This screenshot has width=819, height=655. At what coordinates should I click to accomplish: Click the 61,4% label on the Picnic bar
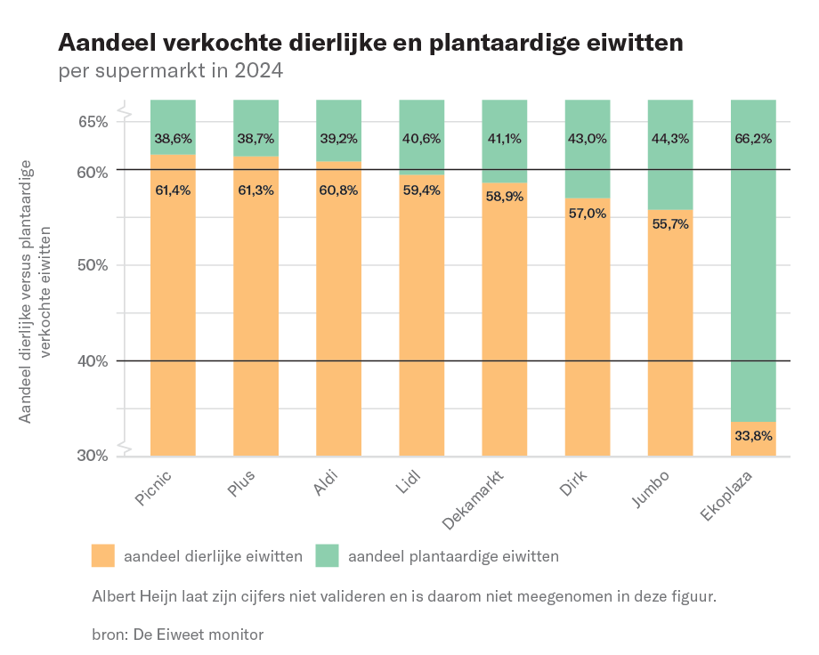click(173, 190)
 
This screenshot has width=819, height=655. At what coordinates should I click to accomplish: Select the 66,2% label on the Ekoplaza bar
click(753, 139)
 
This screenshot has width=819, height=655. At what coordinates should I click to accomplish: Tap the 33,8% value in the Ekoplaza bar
click(753, 436)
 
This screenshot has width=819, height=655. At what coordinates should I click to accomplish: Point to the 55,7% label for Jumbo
click(670, 223)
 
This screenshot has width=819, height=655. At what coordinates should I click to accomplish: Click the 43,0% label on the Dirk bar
click(588, 139)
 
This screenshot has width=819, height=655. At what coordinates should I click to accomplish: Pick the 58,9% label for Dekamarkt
click(505, 197)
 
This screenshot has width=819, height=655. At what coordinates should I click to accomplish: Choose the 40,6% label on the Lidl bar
click(422, 139)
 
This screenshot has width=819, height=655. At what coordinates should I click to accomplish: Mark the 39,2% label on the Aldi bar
click(339, 139)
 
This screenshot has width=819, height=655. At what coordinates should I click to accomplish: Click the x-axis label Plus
click(241, 490)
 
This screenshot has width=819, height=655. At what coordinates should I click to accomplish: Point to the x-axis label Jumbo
click(652, 492)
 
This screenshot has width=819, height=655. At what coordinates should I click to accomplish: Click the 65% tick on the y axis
click(90, 121)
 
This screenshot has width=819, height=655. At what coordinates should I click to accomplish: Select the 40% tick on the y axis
click(90, 360)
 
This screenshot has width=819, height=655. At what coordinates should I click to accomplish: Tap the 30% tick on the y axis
click(90, 456)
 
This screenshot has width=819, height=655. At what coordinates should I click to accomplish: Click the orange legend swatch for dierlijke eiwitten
click(103, 556)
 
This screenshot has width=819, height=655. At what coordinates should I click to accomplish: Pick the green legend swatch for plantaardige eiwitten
click(328, 556)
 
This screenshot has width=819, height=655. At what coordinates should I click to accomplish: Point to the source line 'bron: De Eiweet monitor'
click(178, 635)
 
